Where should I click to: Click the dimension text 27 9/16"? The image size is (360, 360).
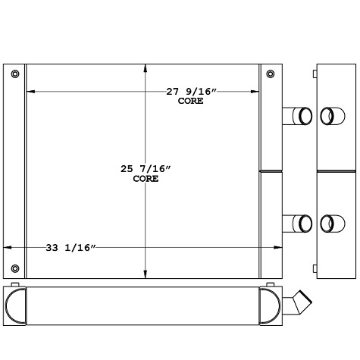tap(191, 92)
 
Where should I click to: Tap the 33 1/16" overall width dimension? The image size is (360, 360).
tap(70, 247)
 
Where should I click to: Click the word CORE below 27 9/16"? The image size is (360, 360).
tap(191, 101)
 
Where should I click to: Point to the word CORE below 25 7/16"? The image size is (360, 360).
tap(146, 179)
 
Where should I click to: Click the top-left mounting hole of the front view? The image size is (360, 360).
tap(15, 74)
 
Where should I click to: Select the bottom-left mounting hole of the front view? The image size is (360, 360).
tap(15, 268)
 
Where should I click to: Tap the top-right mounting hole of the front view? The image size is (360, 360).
tap(271, 74)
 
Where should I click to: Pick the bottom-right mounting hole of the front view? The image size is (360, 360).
tap(271, 268)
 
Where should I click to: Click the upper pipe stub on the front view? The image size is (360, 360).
tap(296, 116)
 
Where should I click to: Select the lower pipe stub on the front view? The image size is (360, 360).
tap(296, 224)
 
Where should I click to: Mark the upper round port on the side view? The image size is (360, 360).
tap(327, 116)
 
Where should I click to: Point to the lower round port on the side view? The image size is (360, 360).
tap(327, 224)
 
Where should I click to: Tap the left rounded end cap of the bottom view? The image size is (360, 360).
tap(15, 305)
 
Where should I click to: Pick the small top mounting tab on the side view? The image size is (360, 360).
tap(313, 74)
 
